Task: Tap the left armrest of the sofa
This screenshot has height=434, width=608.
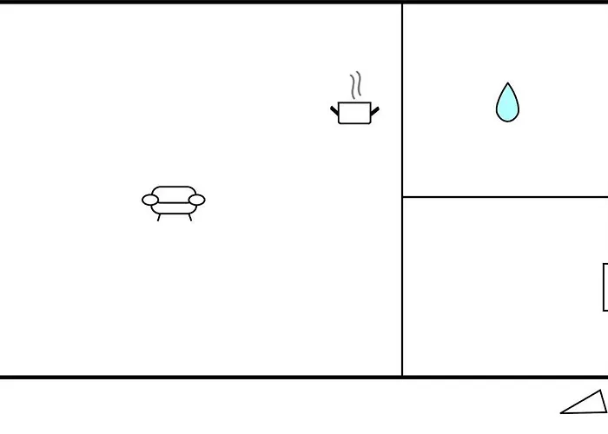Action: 150,201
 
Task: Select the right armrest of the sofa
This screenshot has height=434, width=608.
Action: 197,201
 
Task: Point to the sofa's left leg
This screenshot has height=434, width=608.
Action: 159,217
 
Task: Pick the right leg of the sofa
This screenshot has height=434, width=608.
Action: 189,217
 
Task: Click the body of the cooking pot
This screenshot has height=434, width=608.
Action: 354,114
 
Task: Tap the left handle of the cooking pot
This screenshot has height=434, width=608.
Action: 334,110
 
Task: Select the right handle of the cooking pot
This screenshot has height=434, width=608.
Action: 375,110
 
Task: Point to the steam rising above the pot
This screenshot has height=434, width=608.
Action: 355,86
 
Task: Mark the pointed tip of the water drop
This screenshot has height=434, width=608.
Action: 507,85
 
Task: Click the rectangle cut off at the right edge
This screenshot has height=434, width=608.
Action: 605,287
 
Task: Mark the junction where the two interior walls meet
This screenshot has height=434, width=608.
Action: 402,197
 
